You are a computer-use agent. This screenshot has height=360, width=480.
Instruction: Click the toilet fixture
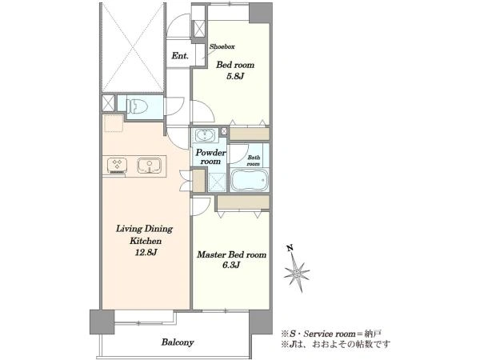[x=137, y=106]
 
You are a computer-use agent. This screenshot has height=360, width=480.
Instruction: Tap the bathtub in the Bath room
[x=250, y=179]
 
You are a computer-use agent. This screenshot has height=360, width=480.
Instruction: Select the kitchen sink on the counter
[x=150, y=166]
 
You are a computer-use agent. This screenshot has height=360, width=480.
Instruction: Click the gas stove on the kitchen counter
[x=117, y=166]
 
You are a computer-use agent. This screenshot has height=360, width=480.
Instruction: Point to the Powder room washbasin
[x=205, y=135]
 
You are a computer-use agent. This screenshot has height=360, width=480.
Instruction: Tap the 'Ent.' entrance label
[x=180, y=56]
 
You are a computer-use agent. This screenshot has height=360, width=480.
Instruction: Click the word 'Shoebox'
[x=222, y=47]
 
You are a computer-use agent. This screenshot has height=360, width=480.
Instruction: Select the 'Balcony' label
[x=178, y=342]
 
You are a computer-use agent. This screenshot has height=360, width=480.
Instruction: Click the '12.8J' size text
[x=146, y=253]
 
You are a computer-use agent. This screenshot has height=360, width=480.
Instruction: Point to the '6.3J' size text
[x=230, y=266]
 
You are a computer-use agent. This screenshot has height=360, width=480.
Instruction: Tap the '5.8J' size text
[x=234, y=76]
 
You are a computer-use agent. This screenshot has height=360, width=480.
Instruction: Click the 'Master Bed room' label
[x=231, y=254]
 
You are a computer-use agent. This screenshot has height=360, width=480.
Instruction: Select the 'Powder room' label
[x=210, y=157]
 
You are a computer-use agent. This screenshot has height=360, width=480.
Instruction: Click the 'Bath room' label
[x=254, y=161]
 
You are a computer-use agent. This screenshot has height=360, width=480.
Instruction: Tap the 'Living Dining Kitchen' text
[x=145, y=234]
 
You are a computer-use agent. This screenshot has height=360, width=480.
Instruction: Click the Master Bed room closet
[x=243, y=202]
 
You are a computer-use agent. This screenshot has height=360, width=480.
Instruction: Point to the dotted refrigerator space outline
[x=114, y=123]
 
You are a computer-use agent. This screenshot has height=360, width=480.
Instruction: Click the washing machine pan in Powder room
[x=217, y=182]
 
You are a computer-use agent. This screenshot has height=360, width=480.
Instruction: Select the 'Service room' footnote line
[x=331, y=334]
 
